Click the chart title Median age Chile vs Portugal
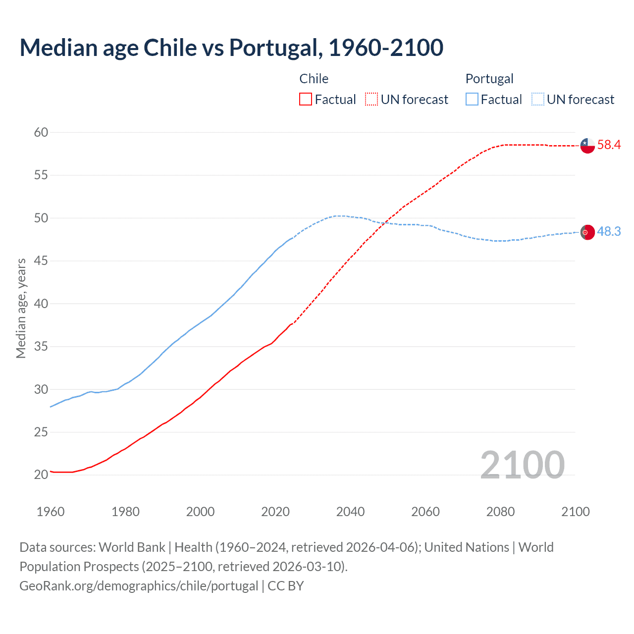231,48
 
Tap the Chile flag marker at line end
587,146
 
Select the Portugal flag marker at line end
587,232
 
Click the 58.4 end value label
609,145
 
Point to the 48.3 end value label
609,231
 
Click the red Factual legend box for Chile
306,99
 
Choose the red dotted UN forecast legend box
371,99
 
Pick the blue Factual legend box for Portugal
472,99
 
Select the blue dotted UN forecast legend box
538,99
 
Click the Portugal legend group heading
489,79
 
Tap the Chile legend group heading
314,79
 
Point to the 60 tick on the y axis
41,132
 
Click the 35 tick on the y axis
41,346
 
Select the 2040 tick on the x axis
350,512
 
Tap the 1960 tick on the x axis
51,512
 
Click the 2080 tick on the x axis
500,512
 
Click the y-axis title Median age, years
21,308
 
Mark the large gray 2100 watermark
522,465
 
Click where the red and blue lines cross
382,223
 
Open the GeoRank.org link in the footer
139,586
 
